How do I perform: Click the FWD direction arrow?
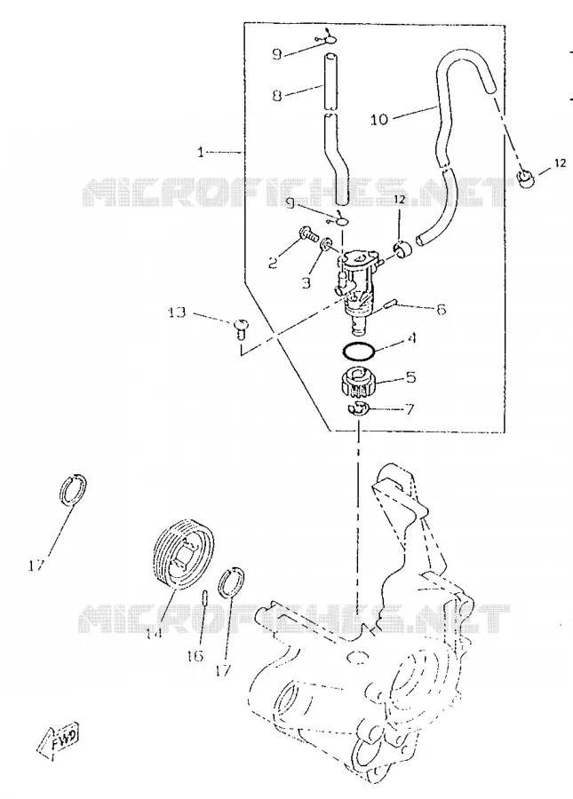point(58,739)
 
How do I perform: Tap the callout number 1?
point(201,152)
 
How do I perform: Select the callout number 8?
point(277,95)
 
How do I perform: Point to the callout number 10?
point(379,119)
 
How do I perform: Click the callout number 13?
point(177,312)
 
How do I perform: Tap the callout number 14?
point(154,632)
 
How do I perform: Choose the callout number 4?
point(412,337)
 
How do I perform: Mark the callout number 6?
point(441,309)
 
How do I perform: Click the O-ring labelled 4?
point(358,351)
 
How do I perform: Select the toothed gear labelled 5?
point(360,383)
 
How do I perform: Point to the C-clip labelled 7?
point(357,407)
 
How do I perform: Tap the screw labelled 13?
point(240,327)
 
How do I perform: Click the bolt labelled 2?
point(306,235)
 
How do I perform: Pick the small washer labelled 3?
point(325,245)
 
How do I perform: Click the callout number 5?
point(411,377)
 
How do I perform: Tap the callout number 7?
point(410,408)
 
